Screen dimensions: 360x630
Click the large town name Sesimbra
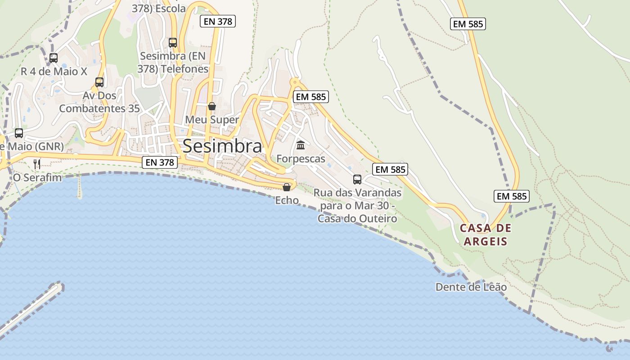[222, 146]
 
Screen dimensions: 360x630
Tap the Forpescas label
[301, 159]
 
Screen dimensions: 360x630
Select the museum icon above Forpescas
[301, 145]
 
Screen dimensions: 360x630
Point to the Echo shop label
[287, 200]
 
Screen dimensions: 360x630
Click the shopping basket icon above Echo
[287, 187]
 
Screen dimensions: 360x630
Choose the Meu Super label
[212, 120]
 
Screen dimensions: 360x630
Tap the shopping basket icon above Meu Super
[212, 106]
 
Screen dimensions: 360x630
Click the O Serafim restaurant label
[37, 178]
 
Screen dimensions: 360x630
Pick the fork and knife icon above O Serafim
[37, 164]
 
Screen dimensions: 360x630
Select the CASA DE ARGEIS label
[486, 234]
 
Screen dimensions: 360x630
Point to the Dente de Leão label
[471, 287]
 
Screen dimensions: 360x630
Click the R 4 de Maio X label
[54, 72]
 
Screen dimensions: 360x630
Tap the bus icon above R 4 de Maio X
[54, 58]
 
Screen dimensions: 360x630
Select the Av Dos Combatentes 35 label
[99, 102]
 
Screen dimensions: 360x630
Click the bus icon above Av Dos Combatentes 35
[99, 82]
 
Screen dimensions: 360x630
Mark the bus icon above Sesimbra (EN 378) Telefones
[173, 43]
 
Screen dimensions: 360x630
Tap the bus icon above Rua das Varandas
[357, 180]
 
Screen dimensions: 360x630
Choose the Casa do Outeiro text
[357, 219]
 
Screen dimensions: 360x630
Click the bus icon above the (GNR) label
[19, 133]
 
